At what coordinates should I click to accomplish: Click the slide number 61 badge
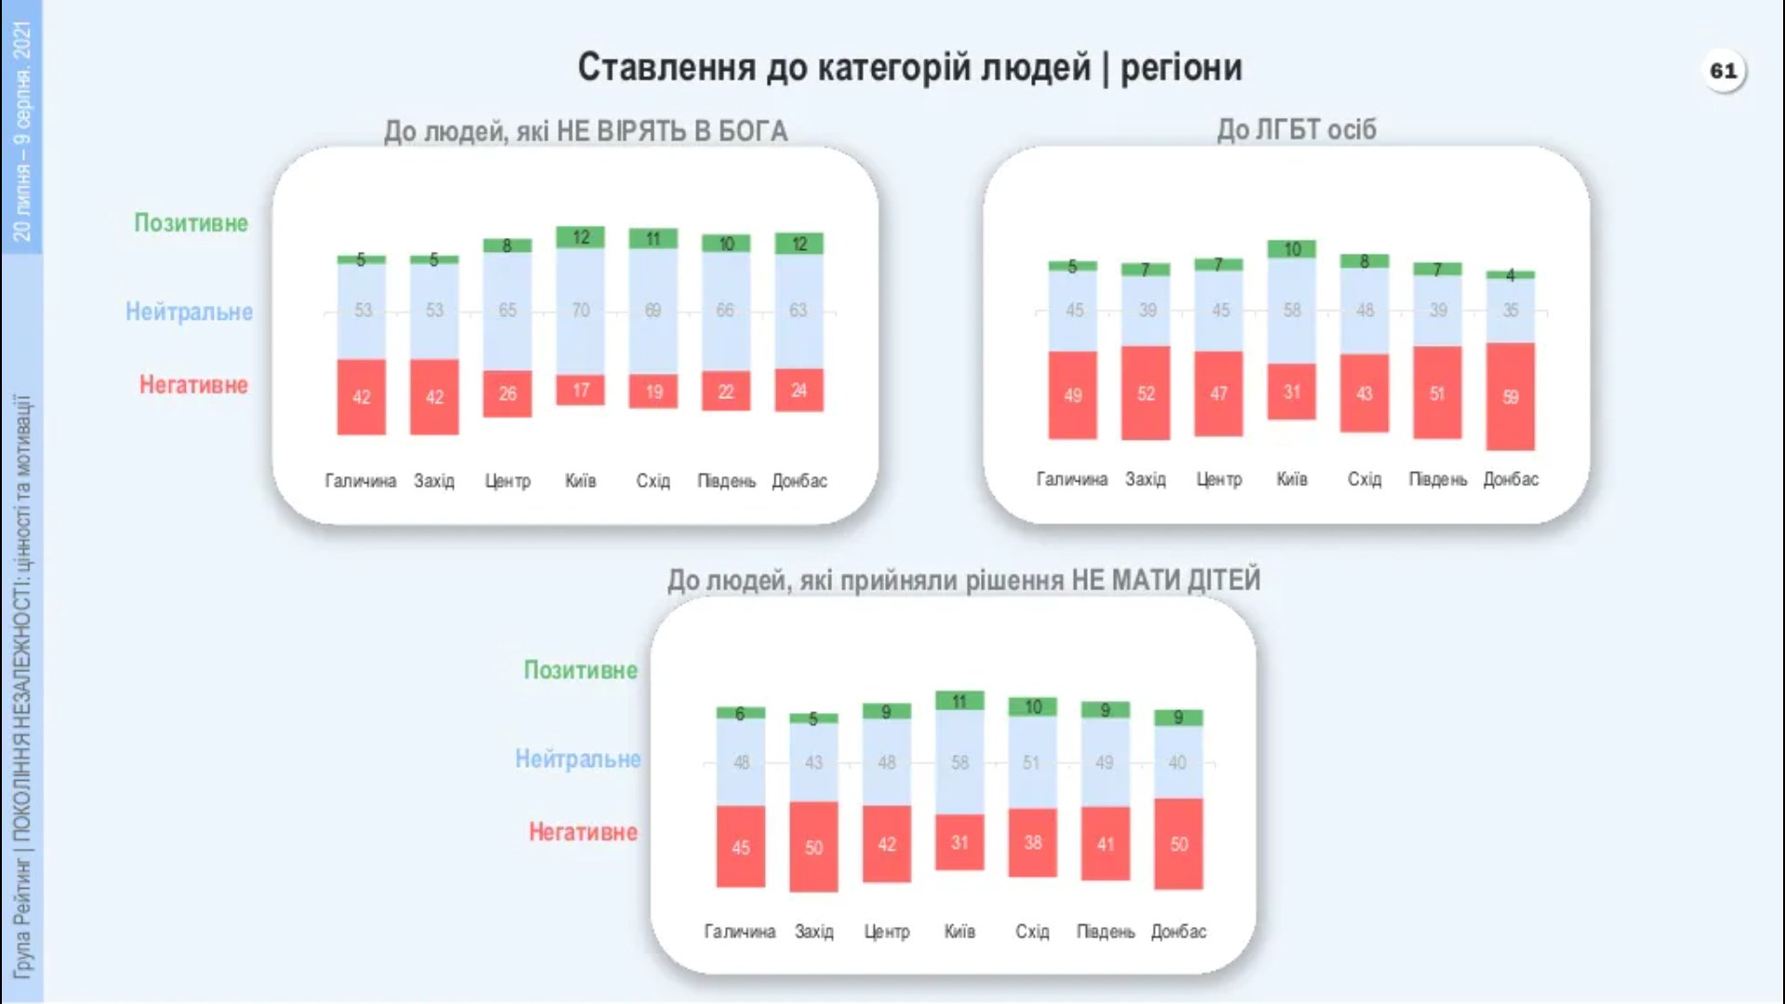tap(1723, 71)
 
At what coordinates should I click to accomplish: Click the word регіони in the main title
tap(1181, 67)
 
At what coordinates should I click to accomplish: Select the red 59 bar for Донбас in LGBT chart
tap(1510, 397)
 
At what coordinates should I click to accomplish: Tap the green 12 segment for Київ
tap(580, 237)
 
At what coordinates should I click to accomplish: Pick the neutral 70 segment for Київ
tap(580, 310)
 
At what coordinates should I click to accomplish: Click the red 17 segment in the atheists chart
tap(580, 390)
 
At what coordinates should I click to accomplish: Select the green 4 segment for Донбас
tap(1510, 275)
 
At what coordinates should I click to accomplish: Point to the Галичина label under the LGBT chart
tap(1071, 479)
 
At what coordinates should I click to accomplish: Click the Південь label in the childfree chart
tap(1104, 931)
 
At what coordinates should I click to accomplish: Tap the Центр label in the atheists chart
tap(507, 481)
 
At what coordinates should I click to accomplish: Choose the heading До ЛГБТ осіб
tap(1296, 130)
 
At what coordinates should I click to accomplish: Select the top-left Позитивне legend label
tap(191, 223)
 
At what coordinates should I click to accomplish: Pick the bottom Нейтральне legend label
tap(577, 759)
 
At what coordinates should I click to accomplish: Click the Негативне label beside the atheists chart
tap(193, 385)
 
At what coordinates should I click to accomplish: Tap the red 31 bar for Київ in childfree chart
tap(959, 842)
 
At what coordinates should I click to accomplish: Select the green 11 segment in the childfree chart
tap(959, 701)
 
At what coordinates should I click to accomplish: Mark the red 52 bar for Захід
tap(1145, 393)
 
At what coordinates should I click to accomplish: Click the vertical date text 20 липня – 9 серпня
tap(21, 130)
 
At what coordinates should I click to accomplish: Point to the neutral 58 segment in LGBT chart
tap(1291, 310)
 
